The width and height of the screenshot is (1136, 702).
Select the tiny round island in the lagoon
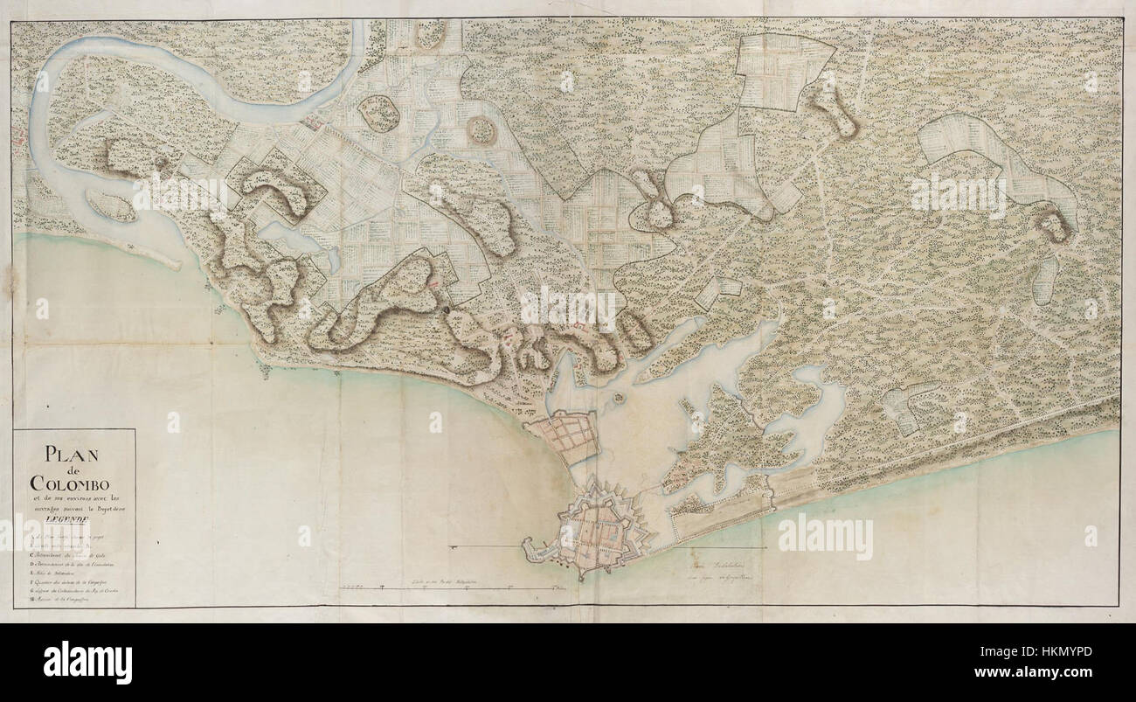click(x=619, y=398)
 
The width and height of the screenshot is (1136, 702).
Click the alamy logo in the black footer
click(x=87, y=661)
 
